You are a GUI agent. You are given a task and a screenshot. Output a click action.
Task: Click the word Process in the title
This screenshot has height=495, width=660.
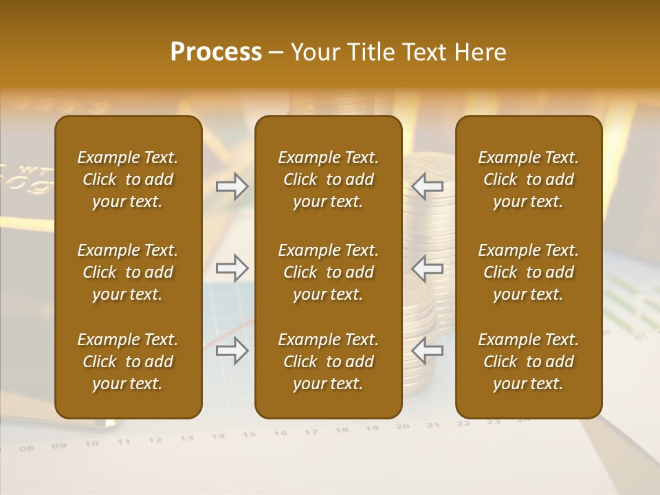[216, 52]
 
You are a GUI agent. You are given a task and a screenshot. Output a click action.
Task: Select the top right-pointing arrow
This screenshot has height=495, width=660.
[232, 186]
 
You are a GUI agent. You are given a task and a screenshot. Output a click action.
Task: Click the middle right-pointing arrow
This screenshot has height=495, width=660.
[232, 268]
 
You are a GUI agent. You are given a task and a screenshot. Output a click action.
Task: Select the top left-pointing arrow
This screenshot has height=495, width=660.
[428, 186]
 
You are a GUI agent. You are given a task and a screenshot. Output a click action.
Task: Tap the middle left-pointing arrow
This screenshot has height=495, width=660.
[428, 268]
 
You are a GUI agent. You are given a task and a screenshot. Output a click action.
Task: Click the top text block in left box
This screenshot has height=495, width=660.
[128, 179]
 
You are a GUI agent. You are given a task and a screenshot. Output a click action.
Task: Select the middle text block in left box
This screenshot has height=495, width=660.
[128, 272]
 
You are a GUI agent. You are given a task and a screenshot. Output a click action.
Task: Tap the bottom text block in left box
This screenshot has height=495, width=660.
[128, 362]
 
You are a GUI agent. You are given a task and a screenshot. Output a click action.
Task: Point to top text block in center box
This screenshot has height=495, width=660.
[328, 179]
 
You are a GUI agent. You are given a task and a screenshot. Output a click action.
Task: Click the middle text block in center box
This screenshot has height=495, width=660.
[328, 272]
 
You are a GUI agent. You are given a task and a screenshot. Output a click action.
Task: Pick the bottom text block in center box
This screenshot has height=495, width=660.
[328, 362]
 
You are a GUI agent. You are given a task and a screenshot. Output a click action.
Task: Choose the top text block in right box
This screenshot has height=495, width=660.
[529, 179]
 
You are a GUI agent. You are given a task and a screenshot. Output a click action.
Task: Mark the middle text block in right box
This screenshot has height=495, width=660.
[529, 272]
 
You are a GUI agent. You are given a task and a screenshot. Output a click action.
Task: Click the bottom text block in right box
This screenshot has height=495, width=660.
[529, 362]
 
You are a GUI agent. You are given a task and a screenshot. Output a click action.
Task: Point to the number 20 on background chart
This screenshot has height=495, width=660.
[403, 426]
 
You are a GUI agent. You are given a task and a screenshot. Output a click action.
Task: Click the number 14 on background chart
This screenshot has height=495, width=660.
[218, 436]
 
